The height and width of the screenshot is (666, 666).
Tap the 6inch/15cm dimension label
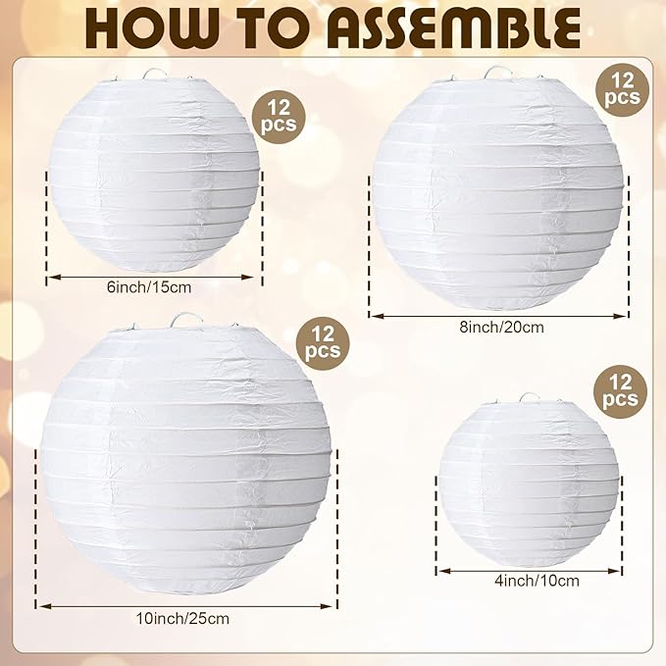(x=154, y=286)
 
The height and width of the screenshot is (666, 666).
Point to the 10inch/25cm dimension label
(x=186, y=618)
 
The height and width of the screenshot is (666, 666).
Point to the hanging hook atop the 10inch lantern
(x=185, y=320)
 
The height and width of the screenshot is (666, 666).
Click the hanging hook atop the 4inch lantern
(x=529, y=398)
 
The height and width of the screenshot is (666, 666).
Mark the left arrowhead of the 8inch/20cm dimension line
(x=374, y=316)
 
